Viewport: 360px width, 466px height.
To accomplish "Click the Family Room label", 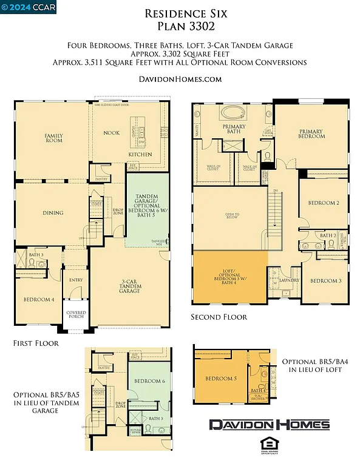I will pos(54,138).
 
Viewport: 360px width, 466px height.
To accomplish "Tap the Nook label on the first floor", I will pos(111,132).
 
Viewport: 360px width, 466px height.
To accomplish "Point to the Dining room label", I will pos(53,213).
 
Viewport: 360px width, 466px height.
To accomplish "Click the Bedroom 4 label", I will pos(39,300).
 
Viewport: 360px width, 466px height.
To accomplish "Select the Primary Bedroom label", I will pos(311,133).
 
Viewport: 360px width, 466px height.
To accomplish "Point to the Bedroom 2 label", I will pos(323,203).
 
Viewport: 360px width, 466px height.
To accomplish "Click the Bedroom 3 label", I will pos(326,281).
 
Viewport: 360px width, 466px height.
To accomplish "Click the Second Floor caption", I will pos(219,317).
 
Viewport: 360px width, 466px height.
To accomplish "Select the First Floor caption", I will pos(36,343).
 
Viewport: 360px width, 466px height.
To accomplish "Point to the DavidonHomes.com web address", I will pos(179,79).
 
